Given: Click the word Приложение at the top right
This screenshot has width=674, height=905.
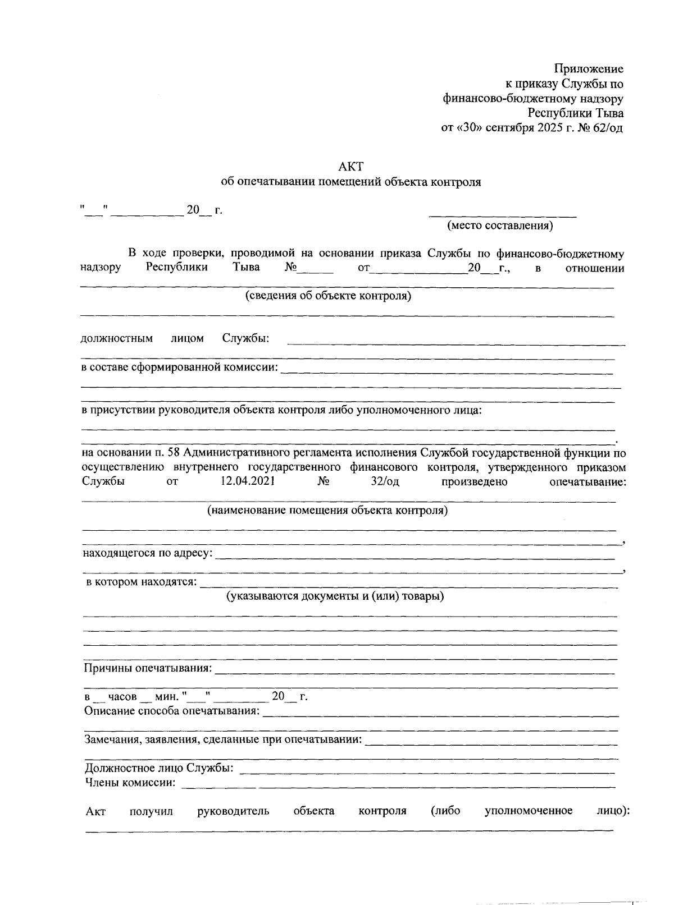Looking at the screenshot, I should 589,69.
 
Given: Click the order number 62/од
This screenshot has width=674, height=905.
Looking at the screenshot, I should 605,127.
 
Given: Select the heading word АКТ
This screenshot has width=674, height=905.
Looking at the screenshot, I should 352,166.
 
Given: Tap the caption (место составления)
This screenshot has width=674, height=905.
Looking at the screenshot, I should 500,226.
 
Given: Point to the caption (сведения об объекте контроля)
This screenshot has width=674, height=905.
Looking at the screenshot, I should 328,296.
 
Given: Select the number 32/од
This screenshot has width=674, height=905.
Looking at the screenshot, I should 385,481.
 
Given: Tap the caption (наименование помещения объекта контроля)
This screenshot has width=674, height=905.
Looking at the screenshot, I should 327,511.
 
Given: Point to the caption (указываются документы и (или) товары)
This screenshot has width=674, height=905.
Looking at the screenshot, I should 335,596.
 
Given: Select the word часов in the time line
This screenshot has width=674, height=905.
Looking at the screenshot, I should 122,697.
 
